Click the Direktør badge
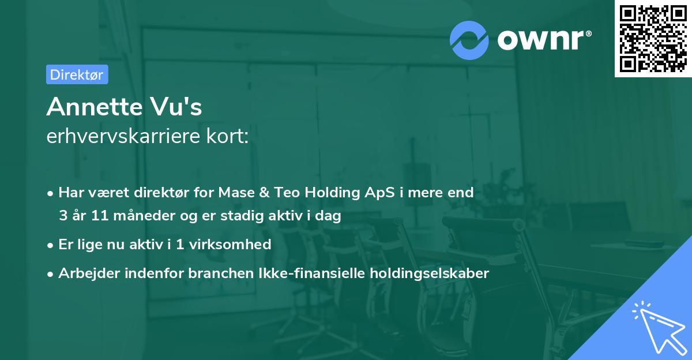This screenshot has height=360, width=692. [77, 74]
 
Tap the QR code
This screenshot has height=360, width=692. [652, 38]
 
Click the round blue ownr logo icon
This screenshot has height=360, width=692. [469, 40]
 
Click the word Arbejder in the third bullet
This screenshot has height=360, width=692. [86, 273]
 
